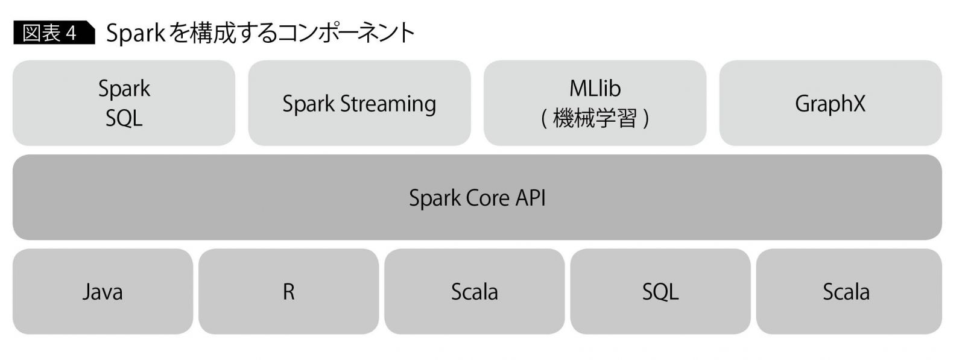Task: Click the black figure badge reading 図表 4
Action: [x=53, y=33]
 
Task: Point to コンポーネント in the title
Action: [x=346, y=33]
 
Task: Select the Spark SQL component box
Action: [x=124, y=103]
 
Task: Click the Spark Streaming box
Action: [x=359, y=103]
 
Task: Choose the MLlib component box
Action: [x=595, y=103]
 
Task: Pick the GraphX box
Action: [x=830, y=103]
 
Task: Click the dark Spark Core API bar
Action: [x=477, y=197]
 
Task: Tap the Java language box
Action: [x=103, y=292]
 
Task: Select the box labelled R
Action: [x=288, y=292]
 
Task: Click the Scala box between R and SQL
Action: [x=474, y=292]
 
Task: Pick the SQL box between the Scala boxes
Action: [x=660, y=292]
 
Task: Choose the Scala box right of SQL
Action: [x=846, y=292]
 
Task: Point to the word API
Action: [x=530, y=198]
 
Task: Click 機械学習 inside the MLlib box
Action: [x=595, y=118]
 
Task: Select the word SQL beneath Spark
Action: [x=124, y=118]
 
